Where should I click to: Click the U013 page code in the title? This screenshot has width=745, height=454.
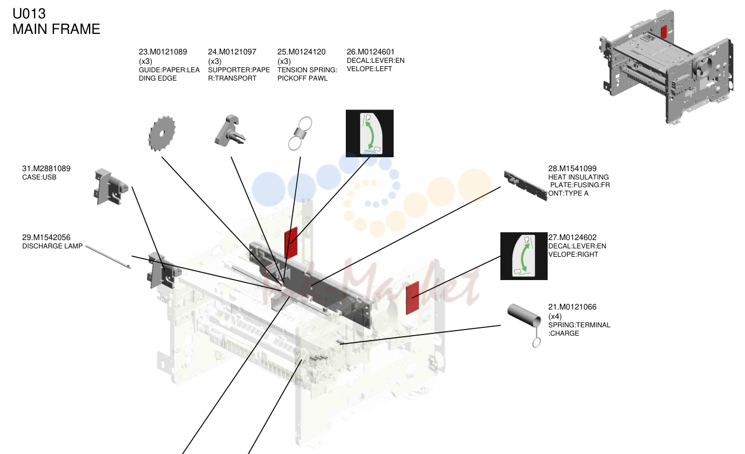[29, 14]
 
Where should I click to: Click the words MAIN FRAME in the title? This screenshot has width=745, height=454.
[56, 29]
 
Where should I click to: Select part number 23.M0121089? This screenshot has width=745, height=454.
[163, 52]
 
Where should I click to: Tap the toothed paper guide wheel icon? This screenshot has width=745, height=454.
[162, 133]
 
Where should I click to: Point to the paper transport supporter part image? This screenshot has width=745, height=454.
[230, 130]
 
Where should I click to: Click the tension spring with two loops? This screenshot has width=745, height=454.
[300, 133]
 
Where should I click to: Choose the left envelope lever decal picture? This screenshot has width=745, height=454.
[370, 133]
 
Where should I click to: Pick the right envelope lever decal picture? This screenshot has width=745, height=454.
[524, 256]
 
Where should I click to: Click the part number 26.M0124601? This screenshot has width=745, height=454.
[370, 52]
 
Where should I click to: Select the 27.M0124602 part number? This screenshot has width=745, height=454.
[573, 237]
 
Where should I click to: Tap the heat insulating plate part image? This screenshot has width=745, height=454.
[525, 186]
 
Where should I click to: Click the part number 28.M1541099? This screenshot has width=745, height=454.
[573, 168]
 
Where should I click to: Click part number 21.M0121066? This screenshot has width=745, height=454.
[573, 307]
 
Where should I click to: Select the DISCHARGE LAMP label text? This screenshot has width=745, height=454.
[53, 246]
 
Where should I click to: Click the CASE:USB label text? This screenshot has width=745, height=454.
[39, 177]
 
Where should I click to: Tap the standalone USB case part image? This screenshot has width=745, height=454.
[110, 187]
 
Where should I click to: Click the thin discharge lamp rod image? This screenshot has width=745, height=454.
[108, 257]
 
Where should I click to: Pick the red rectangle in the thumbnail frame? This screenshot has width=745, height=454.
[664, 32]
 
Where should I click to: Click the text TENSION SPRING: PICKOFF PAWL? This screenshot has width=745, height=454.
[307, 74]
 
